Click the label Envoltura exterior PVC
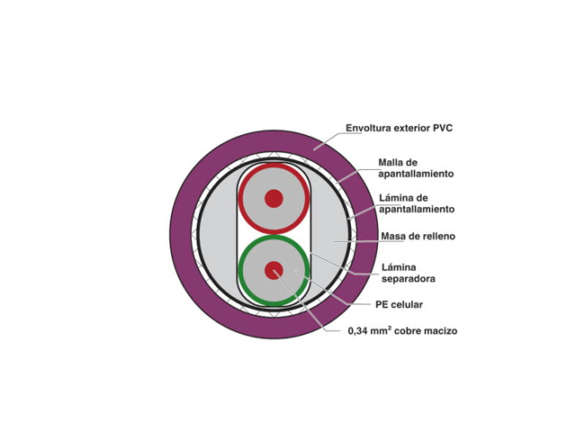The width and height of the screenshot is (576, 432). point(400,128)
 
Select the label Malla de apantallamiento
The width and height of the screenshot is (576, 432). point(416,168)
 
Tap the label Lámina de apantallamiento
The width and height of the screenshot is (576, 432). point(417,203)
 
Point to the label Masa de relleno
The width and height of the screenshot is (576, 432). point(418,236)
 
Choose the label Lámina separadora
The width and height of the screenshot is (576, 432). point(409,273)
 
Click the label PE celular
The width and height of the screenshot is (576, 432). point(399,304)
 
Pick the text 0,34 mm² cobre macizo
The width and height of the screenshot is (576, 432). point(402,330)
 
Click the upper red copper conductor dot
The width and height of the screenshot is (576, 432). point(274,199)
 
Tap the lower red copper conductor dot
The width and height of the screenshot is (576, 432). point(274,271)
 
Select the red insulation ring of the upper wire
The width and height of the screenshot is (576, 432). point(274,199)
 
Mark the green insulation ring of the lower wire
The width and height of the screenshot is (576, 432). point(274,271)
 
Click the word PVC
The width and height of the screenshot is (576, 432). point(443,128)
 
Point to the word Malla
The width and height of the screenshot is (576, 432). point(392,162)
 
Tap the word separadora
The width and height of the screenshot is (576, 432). point(409,279)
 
